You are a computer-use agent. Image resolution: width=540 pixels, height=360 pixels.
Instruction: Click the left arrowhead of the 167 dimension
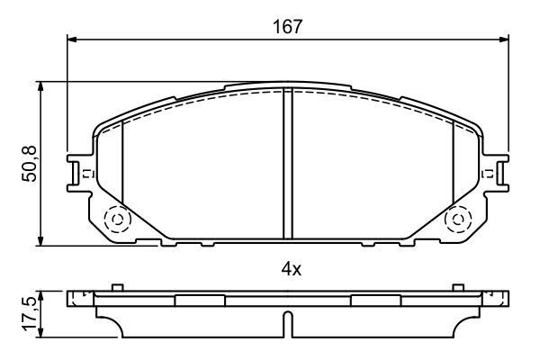coord(73,40)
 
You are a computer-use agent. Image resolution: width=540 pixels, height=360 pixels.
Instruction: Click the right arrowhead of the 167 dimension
coord(503,40)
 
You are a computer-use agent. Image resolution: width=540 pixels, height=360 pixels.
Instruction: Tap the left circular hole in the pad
coord(116,219)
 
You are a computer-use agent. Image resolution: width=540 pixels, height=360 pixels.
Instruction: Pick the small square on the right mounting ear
coord(490,174)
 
